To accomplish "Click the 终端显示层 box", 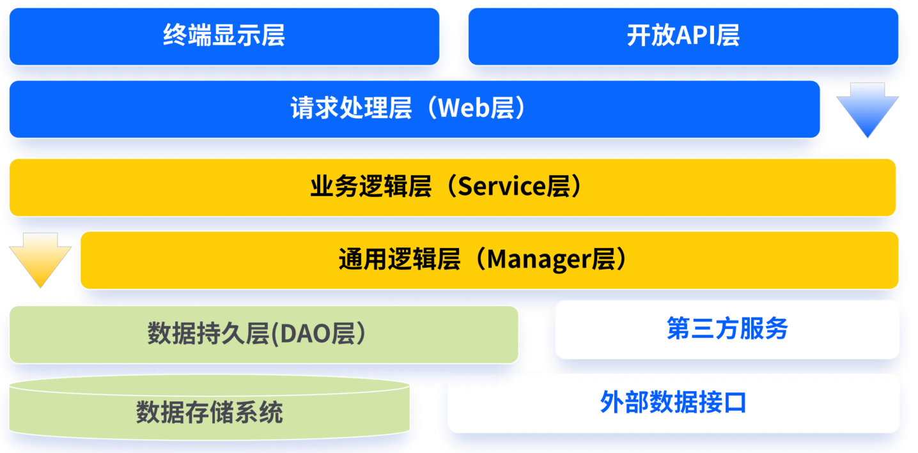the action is (224, 36).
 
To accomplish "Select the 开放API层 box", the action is (683, 36).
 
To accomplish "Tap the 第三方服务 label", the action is (727, 329).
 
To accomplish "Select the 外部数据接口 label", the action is (673, 403).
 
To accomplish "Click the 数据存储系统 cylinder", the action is (209, 413).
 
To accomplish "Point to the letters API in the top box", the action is (696, 36).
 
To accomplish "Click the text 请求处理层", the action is (351, 109).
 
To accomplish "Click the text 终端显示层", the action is (224, 36).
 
